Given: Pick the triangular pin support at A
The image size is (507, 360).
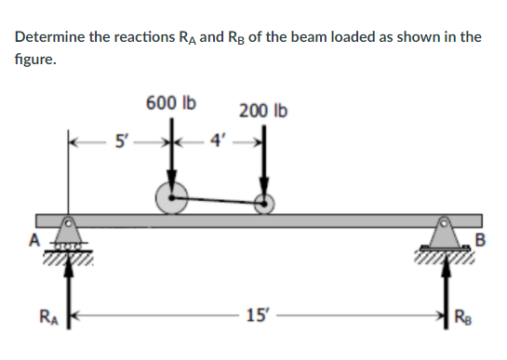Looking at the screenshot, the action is [x=68, y=230].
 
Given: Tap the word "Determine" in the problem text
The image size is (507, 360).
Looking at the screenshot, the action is [x=51, y=37].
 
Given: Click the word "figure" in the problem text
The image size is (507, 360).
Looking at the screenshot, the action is [x=33, y=60].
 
